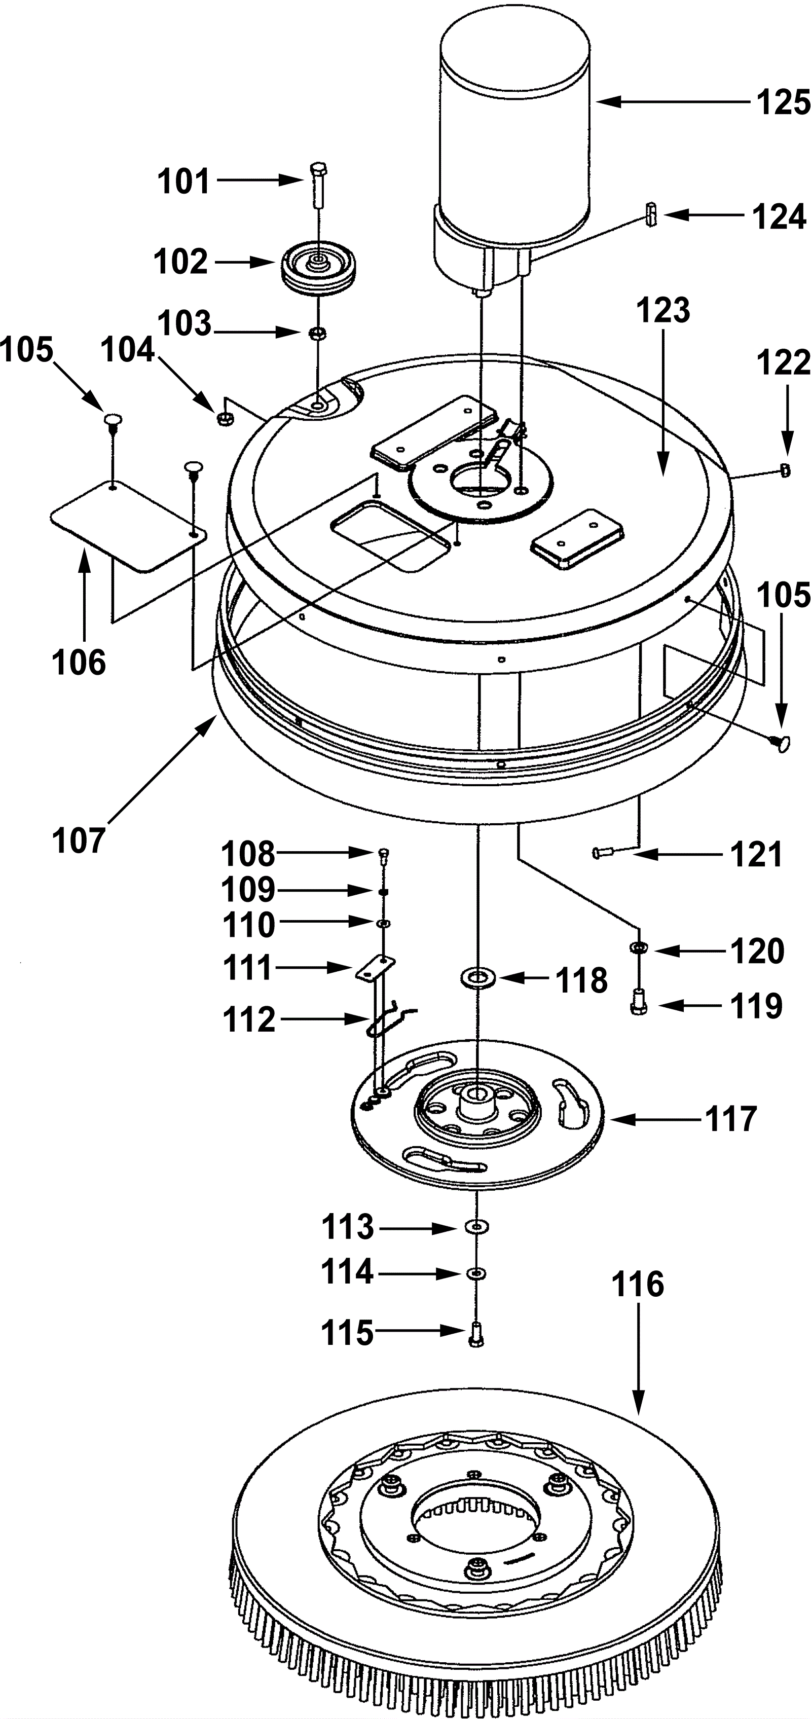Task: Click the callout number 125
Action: pos(783,103)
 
